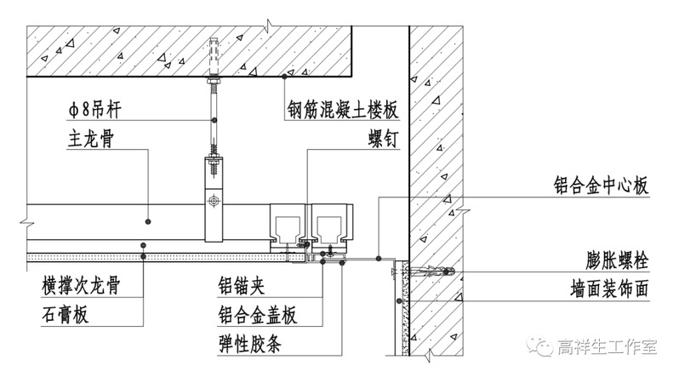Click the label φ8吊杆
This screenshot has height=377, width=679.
98,110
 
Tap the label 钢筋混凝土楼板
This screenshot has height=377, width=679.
342,111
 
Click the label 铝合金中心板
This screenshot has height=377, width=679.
598,185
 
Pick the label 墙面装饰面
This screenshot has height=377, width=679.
608,288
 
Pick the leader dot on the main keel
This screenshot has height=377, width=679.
147,221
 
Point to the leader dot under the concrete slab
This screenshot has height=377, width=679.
284,77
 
